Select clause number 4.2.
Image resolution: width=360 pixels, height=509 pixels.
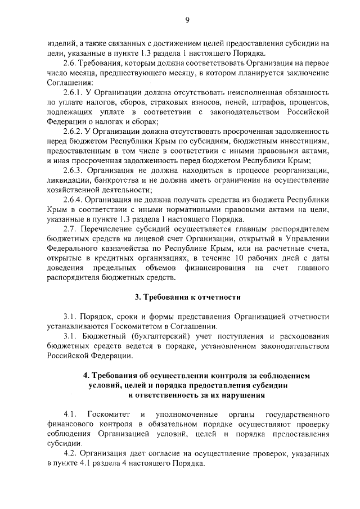click(70, 454)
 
